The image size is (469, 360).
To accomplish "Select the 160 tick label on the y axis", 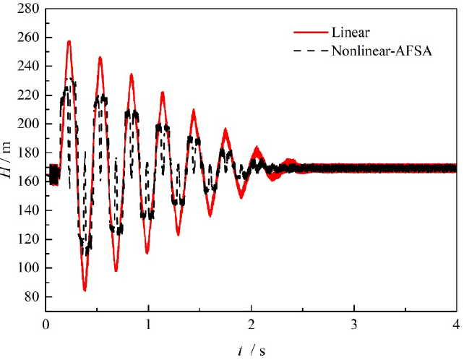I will click(30, 181).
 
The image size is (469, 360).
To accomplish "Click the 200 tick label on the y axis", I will click(30, 124).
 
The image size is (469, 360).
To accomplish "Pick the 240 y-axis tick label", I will click(30, 67).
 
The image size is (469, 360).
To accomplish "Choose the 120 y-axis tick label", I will click(30, 239).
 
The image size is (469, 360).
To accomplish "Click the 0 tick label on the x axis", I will click(46, 322).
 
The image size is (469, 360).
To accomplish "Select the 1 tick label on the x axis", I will click(149, 322).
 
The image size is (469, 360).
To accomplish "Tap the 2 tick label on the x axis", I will click(251, 322).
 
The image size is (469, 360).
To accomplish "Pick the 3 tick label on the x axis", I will click(354, 322).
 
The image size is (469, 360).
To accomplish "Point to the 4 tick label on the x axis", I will click(456, 322).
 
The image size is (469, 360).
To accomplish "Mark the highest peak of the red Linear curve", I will click(69, 42).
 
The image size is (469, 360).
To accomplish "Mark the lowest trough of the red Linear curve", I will click(85, 290).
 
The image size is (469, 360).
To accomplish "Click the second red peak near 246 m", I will click(100, 57).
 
